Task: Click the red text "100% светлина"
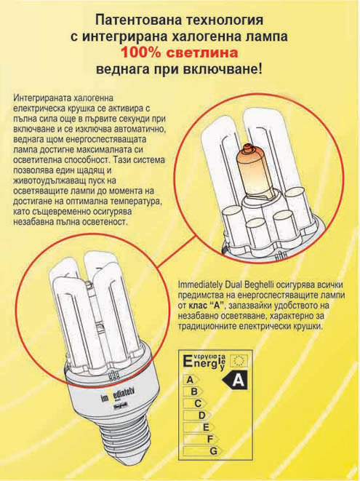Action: (180, 53)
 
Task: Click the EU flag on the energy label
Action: (239, 359)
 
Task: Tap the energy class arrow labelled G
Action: (203, 451)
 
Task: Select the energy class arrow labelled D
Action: (197, 416)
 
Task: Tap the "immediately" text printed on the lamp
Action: (117, 395)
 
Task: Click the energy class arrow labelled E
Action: (199, 427)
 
